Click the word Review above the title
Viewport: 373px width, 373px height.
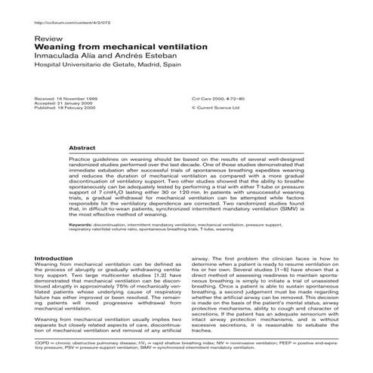tap(48, 37)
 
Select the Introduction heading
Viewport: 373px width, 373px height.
tap(54, 258)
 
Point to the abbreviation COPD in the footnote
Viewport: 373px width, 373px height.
tap(43, 344)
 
